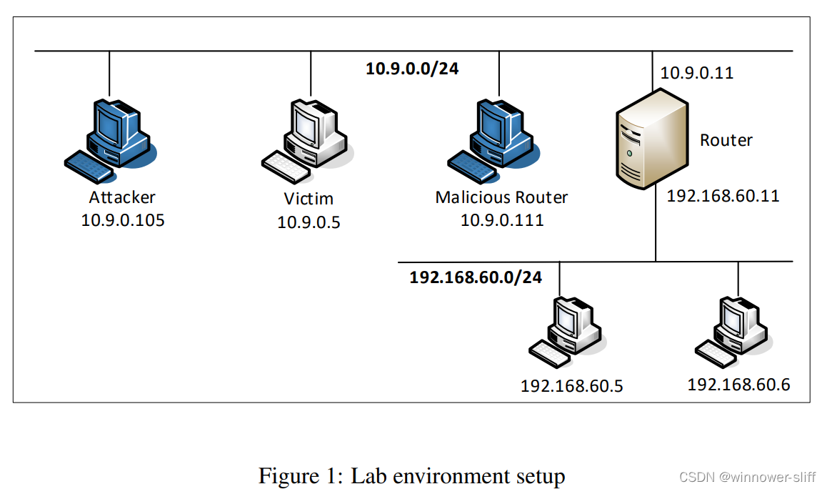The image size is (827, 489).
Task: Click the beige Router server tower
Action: tap(652, 140)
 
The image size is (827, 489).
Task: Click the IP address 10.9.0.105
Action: tap(123, 219)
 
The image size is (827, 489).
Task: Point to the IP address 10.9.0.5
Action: tap(309, 222)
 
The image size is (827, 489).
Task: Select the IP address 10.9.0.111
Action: tap(501, 219)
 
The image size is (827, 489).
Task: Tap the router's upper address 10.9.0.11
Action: tap(696, 73)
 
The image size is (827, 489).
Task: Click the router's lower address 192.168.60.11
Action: tap(723, 195)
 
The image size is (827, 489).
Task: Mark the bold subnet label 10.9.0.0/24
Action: tap(412, 69)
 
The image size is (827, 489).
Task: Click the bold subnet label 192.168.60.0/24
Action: tap(476, 277)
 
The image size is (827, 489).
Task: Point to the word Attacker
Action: tap(122, 197)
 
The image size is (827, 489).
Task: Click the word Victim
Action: tap(309, 199)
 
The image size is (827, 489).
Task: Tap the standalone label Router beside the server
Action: tap(726, 140)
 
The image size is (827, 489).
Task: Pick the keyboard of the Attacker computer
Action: tap(89, 166)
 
